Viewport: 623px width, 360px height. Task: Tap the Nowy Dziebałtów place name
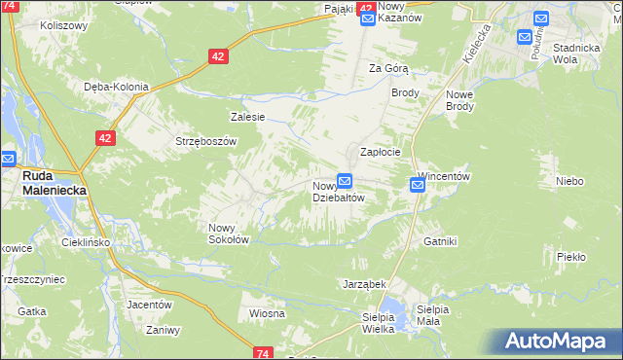(338, 191)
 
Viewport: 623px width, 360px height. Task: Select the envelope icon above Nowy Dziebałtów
(345, 181)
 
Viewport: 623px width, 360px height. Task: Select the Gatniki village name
(440, 240)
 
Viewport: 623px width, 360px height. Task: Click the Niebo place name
(569, 181)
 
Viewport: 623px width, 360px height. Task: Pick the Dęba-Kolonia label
(116, 87)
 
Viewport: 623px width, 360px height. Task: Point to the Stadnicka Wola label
(575, 53)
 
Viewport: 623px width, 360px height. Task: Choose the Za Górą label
(388, 68)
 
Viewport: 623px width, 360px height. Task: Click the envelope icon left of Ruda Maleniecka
(8, 159)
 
